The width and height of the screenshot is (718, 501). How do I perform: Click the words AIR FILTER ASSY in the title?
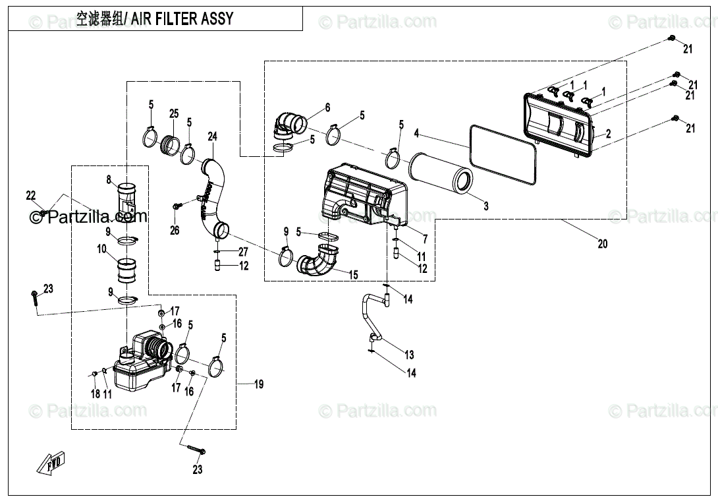coord(182,19)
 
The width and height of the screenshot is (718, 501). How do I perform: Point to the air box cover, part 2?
coord(559,124)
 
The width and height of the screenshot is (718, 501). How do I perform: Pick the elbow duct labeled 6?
coord(290,125)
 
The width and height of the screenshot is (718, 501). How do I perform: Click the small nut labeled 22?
coord(43,213)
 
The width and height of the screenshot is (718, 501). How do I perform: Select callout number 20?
coord(603,243)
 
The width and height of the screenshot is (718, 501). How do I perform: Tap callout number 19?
coord(259,384)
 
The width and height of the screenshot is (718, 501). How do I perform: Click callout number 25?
coord(174,113)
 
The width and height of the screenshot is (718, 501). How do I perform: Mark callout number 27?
coord(243,251)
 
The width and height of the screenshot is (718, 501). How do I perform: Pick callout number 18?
coord(96,394)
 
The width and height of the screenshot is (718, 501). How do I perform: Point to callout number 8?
coord(109,179)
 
